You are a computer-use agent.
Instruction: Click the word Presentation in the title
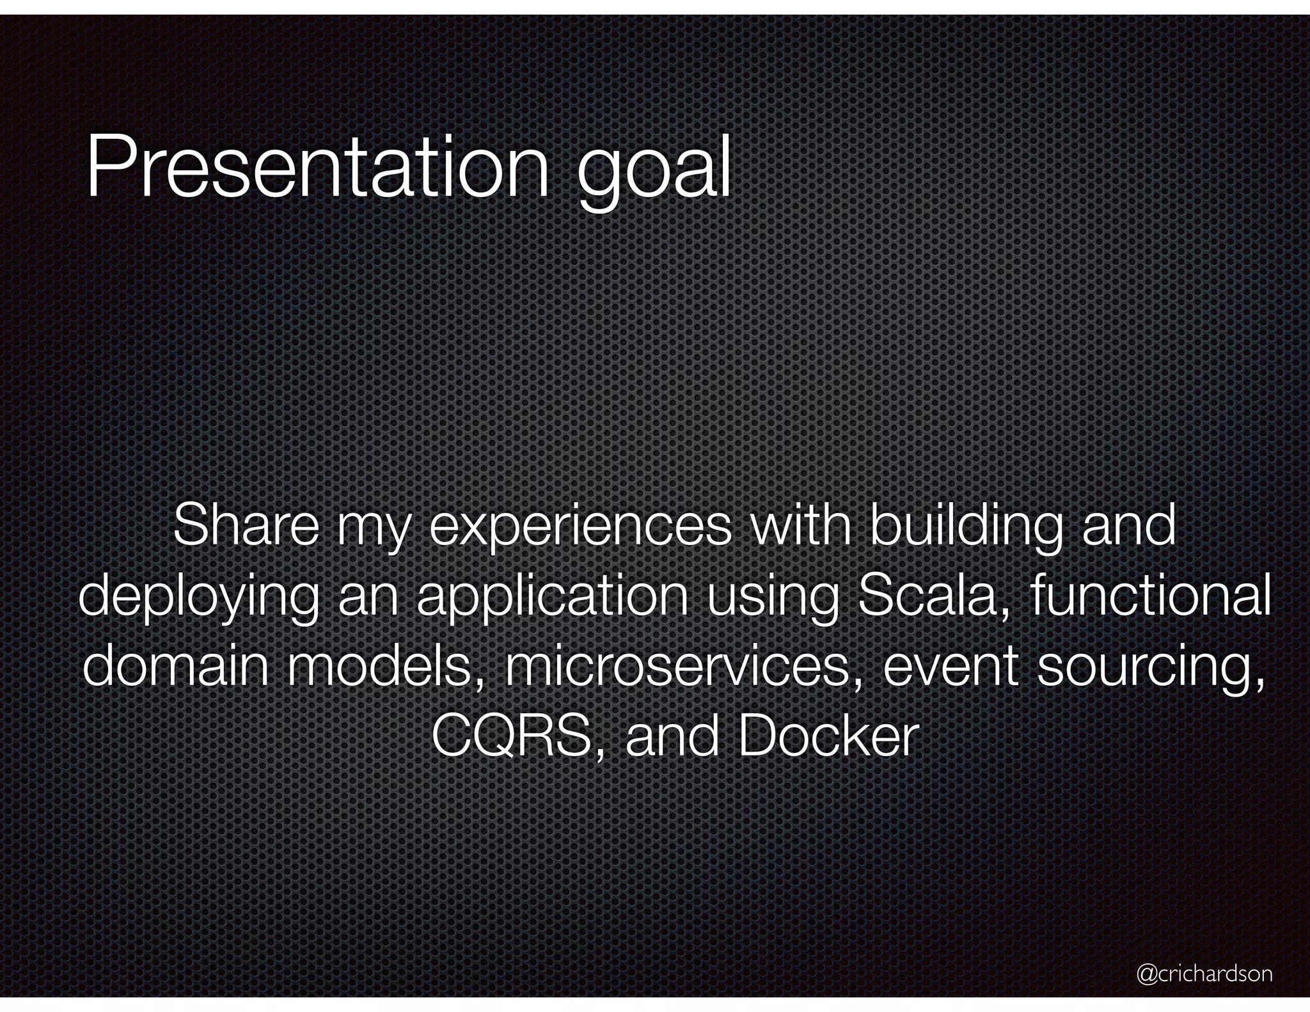pyautogui.click(x=317, y=168)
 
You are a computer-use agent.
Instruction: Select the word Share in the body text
pyautogui.click(x=245, y=526)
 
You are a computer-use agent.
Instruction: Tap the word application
pyautogui.click(x=552, y=600)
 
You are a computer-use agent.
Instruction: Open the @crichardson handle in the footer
pyautogui.click(x=1204, y=974)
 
